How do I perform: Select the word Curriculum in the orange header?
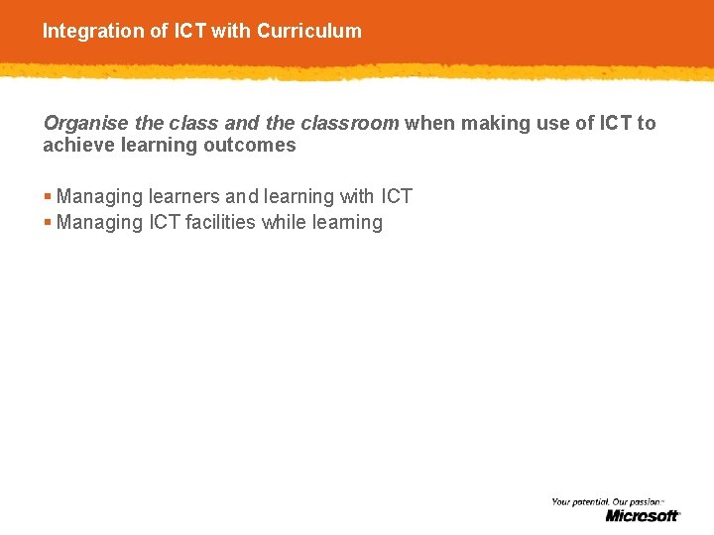[x=309, y=31]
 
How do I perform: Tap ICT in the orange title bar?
[x=190, y=31]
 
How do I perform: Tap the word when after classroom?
[x=427, y=123]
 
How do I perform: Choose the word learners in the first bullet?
[x=185, y=196]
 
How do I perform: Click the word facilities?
[x=221, y=222]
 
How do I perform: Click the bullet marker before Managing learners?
[x=48, y=196]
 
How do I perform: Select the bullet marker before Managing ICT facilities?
[x=48, y=222]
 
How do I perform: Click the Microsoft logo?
[x=643, y=515]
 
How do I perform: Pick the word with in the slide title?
[x=231, y=31]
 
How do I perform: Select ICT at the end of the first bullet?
[x=397, y=196]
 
